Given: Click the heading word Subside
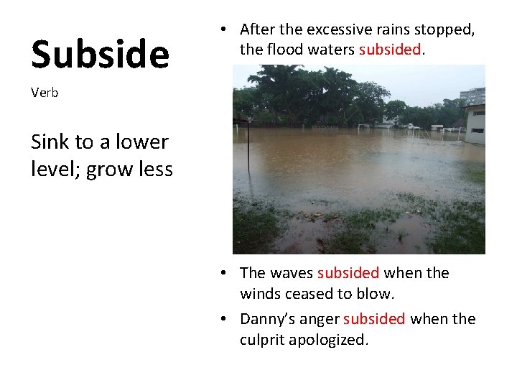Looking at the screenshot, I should (100, 55).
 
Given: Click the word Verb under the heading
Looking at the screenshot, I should (45, 93).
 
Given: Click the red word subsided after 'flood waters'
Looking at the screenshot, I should (389, 50).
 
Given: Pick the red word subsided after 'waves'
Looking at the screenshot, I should (348, 273).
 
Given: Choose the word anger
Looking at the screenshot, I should (320, 319).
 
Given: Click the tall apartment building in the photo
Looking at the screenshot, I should (472, 96).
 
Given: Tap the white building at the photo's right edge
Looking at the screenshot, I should (475, 124).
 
